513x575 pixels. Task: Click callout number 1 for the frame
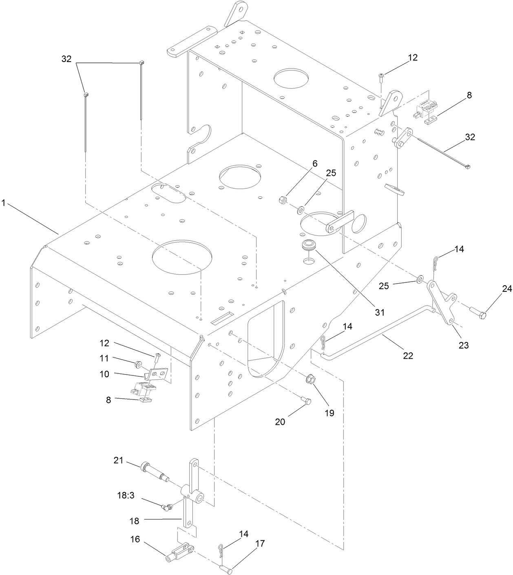pyautogui.click(x=4, y=203)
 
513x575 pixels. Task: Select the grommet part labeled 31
pyautogui.click(x=310, y=246)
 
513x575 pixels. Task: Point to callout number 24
pyautogui.click(x=506, y=289)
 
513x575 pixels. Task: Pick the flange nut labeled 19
pyautogui.click(x=311, y=379)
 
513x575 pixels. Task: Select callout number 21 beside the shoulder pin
pyautogui.click(x=118, y=460)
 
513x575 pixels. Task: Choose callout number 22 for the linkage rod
pyautogui.click(x=408, y=355)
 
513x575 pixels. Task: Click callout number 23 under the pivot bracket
pyautogui.click(x=463, y=345)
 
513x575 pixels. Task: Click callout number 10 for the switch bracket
pyautogui.click(x=104, y=373)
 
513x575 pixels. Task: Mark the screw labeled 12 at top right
pyautogui.click(x=381, y=76)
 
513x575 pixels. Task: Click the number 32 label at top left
pyautogui.click(x=66, y=59)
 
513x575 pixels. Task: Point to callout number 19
pyautogui.click(x=329, y=413)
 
